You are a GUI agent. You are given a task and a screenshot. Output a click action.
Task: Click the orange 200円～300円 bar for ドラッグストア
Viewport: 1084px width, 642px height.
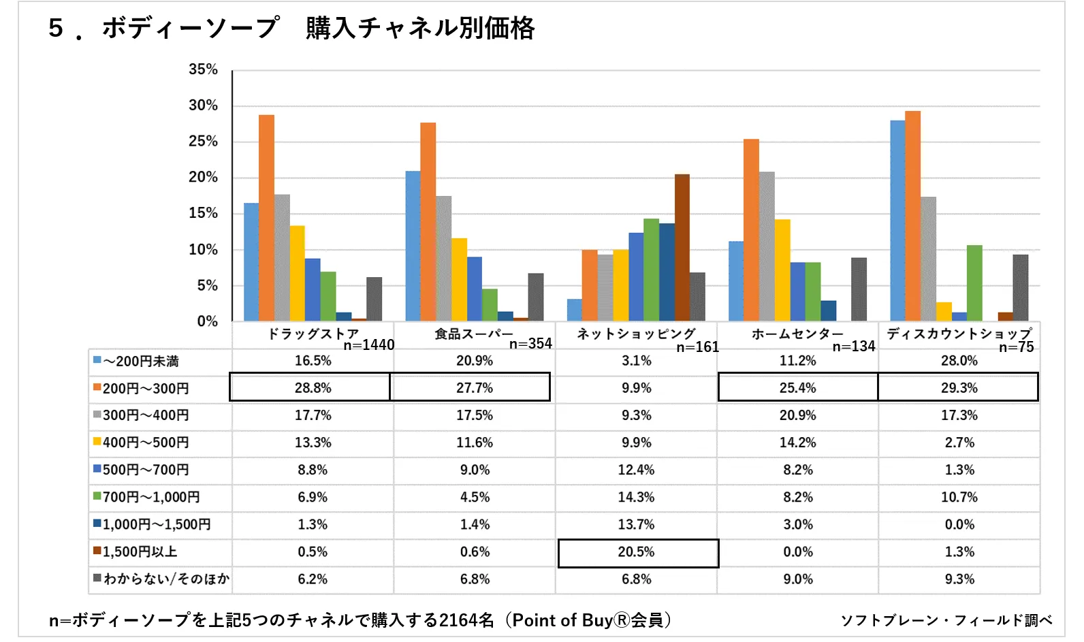tap(266, 218)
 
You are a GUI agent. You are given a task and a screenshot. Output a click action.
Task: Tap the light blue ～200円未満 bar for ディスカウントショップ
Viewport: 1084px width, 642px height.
tap(897, 221)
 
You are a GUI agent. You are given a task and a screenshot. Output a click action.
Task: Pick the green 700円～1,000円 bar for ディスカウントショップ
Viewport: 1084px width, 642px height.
tap(974, 283)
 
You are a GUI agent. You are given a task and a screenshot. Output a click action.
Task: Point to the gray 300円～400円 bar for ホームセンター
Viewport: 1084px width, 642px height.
tap(767, 246)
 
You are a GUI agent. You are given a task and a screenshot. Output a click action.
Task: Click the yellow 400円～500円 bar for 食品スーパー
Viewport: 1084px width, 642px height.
tap(459, 279)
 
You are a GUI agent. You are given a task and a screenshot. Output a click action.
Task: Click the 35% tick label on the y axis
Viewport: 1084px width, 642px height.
tap(203, 69)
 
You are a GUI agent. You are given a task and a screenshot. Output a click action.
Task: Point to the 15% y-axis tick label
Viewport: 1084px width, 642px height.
tap(203, 213)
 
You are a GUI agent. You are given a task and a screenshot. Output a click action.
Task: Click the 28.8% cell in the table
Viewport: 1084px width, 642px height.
tap(313, 387)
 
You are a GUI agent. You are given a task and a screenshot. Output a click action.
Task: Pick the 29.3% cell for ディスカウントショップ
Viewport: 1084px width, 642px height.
tap(959, 387)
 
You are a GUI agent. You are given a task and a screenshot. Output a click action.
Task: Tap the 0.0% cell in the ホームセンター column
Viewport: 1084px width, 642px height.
tap(797, 551)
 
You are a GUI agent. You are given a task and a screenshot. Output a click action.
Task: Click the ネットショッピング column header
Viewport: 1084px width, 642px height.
tap(636, 334)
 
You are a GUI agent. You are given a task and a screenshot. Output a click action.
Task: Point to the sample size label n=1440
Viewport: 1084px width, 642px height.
tap(369, 345)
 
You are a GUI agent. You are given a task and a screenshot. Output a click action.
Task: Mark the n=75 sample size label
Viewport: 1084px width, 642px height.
tap(1016, 347)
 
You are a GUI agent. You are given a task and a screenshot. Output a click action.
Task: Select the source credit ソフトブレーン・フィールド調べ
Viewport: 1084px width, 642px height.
tap(946, 620)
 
